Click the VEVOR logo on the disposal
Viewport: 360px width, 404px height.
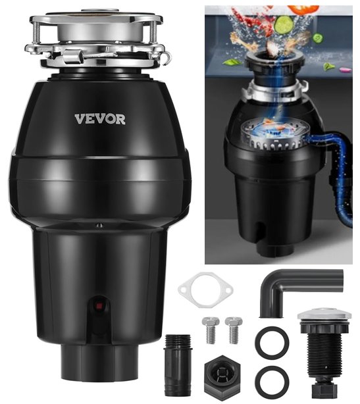(x=100, y=119)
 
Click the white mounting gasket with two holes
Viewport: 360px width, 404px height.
(x=205, y=290)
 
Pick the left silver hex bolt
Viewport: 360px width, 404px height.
(x=211, y=330)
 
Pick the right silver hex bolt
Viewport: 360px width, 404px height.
(x=234, y=330)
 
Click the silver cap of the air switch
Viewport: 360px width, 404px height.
(x=324, y=315)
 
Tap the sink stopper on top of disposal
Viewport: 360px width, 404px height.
(x=100, y=11)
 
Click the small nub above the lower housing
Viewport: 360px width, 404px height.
(x=99, y=226)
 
